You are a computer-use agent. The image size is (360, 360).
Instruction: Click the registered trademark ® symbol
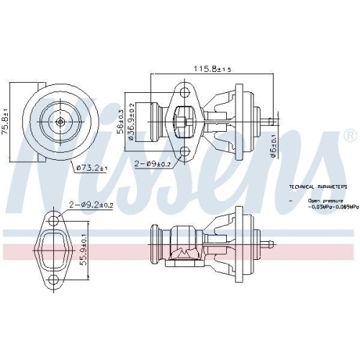point(349,135)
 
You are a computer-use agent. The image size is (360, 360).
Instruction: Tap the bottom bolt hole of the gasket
point(53,282)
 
